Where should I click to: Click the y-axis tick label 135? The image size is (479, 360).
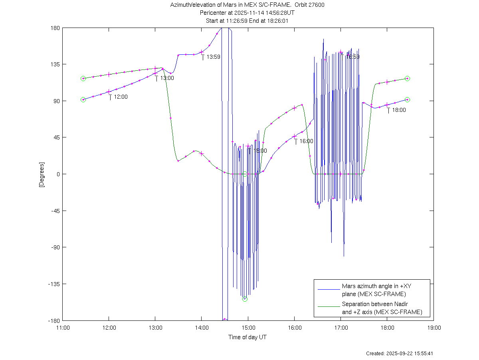click(x=55, y=64)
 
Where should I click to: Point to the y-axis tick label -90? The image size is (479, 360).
click(x=55, y=247)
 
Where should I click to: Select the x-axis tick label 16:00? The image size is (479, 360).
click(x=294, y=327)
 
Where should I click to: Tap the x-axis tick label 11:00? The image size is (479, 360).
click(x=62, y=327)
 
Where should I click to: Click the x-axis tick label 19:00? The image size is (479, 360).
click(x=433, y=327)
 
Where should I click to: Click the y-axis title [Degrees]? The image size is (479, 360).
click(x=42, y=175)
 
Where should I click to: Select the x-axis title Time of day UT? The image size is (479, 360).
click(x=247, y=337)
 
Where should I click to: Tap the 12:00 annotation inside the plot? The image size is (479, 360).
click(x=121, y=97)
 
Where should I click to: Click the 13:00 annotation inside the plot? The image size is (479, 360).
click(x=167, y=78)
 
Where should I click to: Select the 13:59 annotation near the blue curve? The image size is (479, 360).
click(x=213, y=57)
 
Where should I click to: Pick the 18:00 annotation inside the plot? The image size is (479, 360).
click(x=398, y=110)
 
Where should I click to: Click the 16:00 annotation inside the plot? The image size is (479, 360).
click(x=306, y=141)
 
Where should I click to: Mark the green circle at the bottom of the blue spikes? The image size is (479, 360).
click(x=245, y=299)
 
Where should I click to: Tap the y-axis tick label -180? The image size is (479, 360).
click(x=54, y=320)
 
